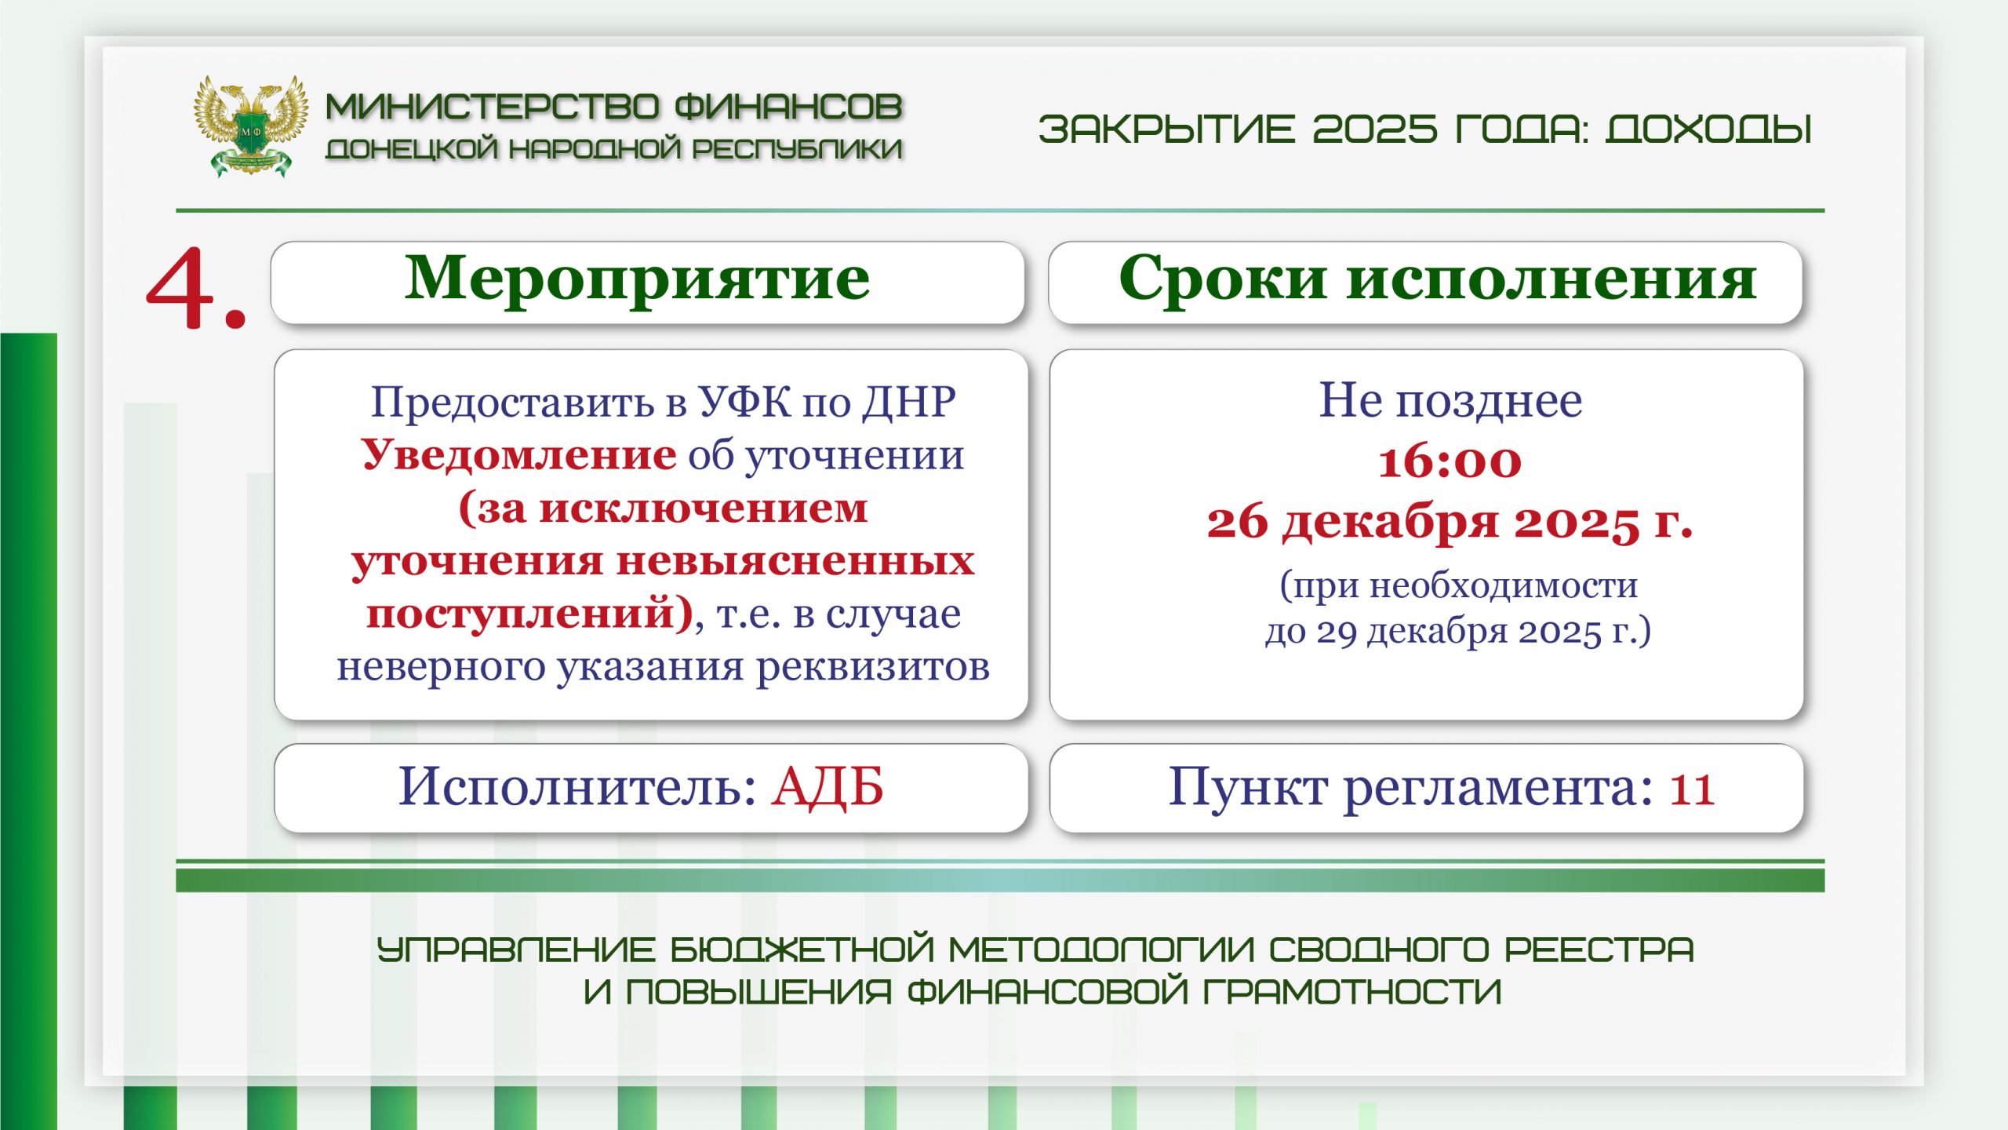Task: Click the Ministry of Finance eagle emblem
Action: pos(250,126)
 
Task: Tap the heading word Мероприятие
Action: pos(637,280)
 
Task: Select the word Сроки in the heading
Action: pos(1223,279)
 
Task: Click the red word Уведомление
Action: pos(518,454)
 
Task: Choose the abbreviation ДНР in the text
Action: pos(909,403)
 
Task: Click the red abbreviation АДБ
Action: pos(828,787)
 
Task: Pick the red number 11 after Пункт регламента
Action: pos(1692,789)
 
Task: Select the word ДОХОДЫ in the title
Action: pos(1708,129)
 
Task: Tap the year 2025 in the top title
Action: pos(1375,129)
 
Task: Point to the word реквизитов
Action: pos(873,667)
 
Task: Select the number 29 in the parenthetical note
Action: pos(1337,632)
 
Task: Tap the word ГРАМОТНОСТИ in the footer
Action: pos(1352,992)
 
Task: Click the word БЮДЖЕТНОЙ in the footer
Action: pos(802,950)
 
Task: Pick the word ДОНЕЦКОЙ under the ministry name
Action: pos(412,149)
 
